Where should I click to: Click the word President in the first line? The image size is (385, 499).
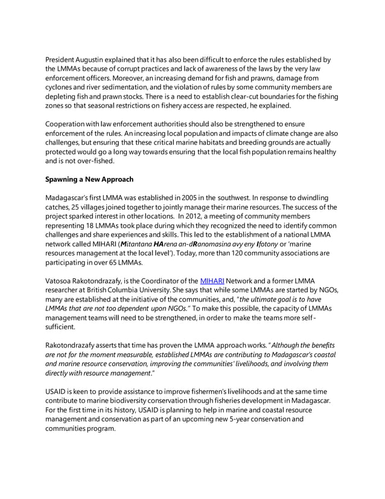62,60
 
